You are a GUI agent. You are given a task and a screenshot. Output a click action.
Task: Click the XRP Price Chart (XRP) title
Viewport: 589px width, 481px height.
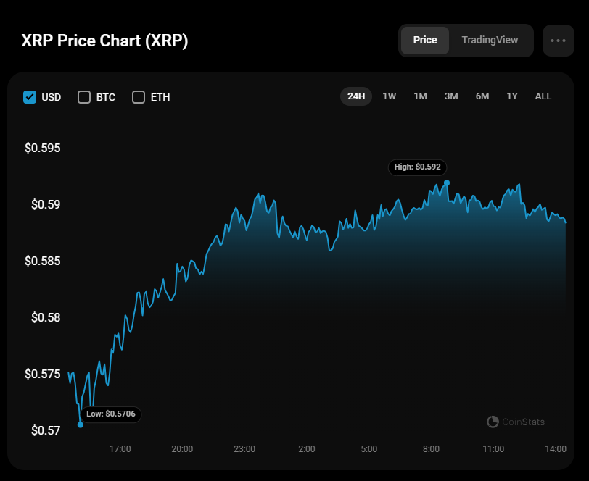click(105, 41)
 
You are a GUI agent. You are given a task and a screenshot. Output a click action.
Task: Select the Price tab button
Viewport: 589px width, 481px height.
click(425, 41)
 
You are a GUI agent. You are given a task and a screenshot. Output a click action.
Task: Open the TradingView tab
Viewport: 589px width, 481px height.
click(490, 41)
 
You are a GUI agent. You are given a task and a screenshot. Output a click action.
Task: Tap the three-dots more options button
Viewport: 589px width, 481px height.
click(558, 41)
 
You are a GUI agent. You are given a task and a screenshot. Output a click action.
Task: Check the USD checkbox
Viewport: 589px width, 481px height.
click(30, 97)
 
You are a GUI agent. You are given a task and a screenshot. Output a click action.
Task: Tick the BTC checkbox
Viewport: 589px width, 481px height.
click(84, 97)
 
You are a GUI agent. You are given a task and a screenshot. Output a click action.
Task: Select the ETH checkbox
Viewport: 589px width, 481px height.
click(139, 97)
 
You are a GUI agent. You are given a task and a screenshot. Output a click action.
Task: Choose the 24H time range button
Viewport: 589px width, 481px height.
click(356, 96)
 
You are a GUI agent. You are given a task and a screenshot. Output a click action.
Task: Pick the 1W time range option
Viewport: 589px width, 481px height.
click(390, 96)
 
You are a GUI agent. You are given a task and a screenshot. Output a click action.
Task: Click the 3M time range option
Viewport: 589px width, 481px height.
click(451, 96)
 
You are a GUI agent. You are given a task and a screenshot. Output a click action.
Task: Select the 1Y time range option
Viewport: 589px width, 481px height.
click(513, 96)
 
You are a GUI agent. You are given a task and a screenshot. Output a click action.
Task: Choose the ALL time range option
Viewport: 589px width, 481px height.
click(543, 96)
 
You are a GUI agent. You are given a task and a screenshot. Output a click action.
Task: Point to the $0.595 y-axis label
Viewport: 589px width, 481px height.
click(43, 149)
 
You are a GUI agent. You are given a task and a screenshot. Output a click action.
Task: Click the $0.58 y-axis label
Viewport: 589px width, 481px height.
click(46, 317)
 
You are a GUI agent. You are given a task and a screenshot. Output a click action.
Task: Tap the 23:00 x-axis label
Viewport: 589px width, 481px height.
click(244, 449)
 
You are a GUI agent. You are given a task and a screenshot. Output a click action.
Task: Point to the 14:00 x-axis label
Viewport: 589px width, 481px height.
click(556, 449)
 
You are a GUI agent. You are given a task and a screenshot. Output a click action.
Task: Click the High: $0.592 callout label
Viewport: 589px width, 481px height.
click(417, 167)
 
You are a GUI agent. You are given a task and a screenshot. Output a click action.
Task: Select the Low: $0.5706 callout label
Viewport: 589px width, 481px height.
click(111, 414)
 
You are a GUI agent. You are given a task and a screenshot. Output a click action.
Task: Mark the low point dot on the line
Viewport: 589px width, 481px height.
click(81, 424)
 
